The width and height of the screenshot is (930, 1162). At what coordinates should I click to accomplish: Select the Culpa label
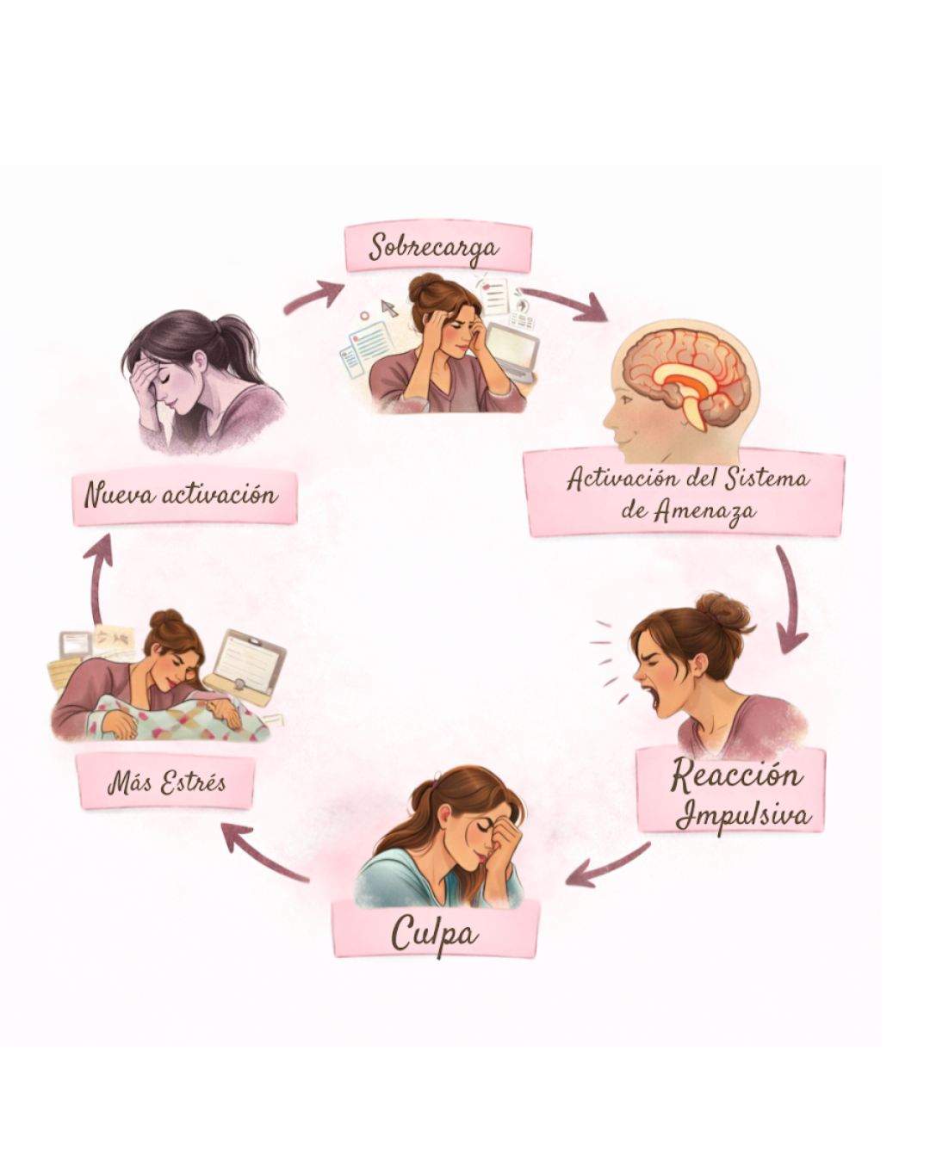(x=435, y=932)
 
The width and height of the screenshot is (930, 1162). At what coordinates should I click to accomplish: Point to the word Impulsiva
(x=743, y=813)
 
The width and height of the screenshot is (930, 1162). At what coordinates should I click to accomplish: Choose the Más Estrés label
(x=166, y=782)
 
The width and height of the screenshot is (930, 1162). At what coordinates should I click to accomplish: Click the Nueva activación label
(x=182, y=495)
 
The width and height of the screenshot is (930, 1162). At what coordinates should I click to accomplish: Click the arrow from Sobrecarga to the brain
(x=564, y=304)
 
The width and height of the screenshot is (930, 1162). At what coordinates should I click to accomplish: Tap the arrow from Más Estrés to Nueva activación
(x=100, y=577)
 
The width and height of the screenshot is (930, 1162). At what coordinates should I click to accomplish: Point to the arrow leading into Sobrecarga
(x=315, y=295)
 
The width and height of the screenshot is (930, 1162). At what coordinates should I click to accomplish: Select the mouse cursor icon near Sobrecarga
(x=389, y=307)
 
